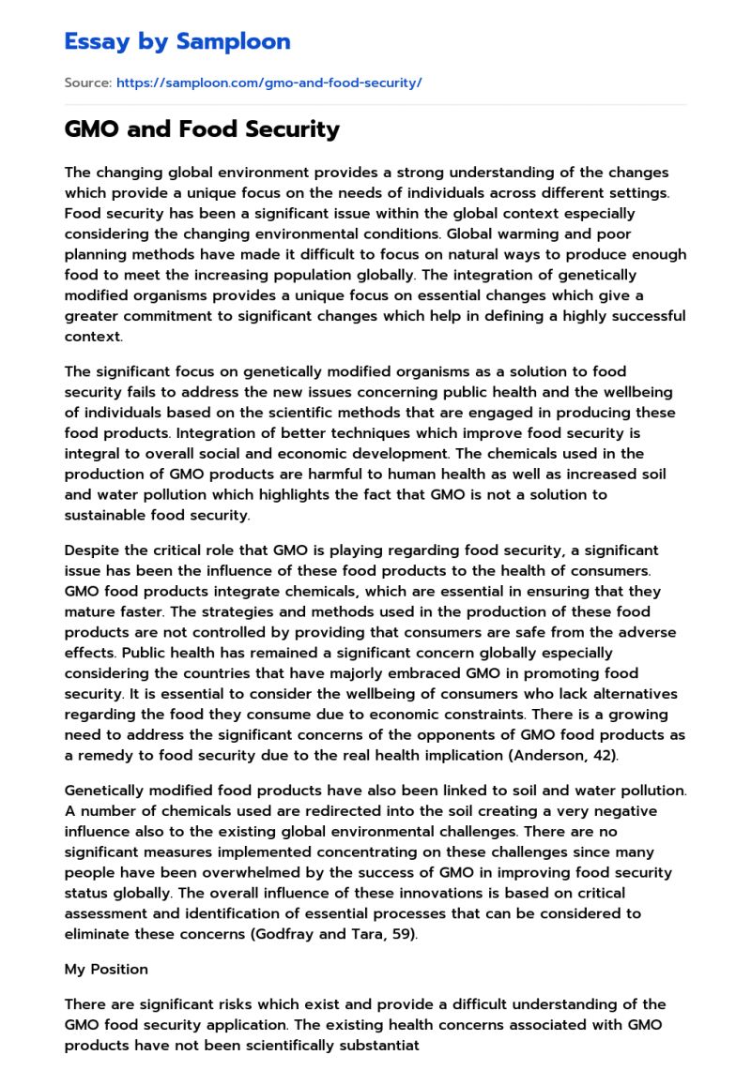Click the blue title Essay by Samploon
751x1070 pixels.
click(x=177, y=41)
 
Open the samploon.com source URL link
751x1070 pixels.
click(x=268, y=83)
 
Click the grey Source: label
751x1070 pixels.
click(x=87, y=83)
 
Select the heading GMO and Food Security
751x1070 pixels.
click(x=202, y=129)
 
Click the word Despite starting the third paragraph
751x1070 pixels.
click(x=93, y=550)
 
